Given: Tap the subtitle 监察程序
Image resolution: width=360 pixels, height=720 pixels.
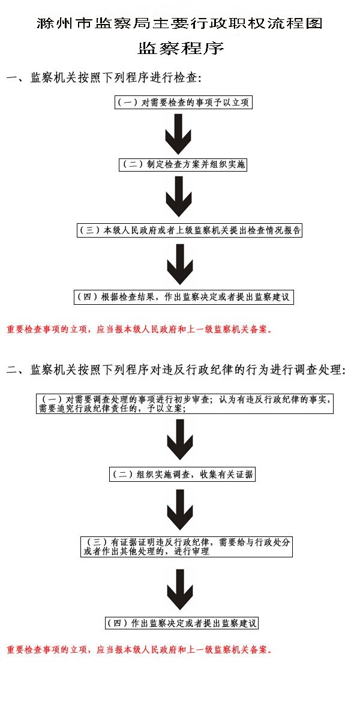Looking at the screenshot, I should coord(180,48).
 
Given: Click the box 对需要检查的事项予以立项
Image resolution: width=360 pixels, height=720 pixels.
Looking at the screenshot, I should coord(182,103).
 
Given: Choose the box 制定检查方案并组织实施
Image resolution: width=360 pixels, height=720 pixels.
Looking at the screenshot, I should coord(182,164).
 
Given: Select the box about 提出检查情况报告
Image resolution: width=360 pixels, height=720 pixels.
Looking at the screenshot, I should coord(189,230).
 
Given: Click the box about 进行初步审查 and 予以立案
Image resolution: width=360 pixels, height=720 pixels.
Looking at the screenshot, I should coord(184,403).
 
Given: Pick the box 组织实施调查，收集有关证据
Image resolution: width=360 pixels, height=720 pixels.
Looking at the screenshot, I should coord(182,475).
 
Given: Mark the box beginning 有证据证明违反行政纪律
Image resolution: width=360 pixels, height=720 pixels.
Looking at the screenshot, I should coord(187,547).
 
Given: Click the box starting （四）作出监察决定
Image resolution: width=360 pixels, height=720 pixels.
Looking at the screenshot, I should coord(181,623).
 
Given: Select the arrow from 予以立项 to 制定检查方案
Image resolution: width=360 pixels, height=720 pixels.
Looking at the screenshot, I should coord(178,133).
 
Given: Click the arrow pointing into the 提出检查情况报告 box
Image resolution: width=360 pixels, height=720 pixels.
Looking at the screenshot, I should coord(178,197).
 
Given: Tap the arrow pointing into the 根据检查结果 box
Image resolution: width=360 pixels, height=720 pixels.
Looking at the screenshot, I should coord(178,263).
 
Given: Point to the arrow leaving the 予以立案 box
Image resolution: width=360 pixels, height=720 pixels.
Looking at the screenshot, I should coord(179,439).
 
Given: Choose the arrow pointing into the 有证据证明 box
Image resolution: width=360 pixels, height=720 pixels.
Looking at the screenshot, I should coord(179,510).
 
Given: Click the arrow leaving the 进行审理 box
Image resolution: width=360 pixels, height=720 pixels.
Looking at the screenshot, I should coord(179,589).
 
